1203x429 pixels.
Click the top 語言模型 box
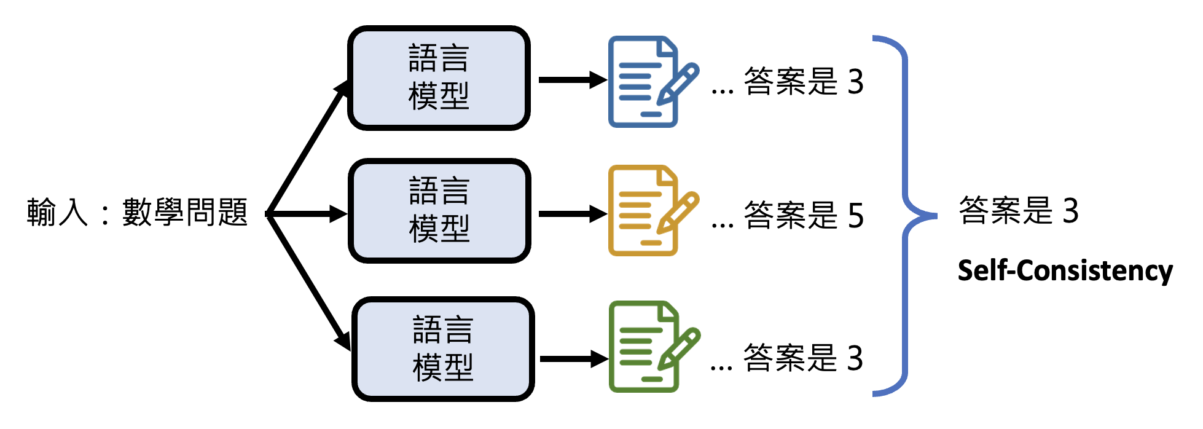(x=439, y=78)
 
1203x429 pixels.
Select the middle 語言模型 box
(x=439, y=211)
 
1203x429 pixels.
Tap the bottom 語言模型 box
(x=442, y=349)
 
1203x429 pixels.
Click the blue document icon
(x=643, y=81)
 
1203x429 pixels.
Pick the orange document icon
(x=643, y=210)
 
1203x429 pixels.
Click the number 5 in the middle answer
(x=855, y=216)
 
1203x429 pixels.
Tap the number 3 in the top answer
(x=855, y=82)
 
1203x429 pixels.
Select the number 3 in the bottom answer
(x=855, y=358)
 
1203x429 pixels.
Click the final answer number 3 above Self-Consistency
(x=1070, y=211)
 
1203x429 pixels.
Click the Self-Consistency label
(x=1065, y=270)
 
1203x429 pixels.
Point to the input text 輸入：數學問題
(x=137, y=212)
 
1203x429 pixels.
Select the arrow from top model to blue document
(x=571, y=80)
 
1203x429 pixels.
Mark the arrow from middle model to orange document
(x=571, y=214)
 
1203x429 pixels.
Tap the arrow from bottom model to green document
(x=573, y=359)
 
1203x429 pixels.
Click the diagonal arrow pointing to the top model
(x=307, y=148)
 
